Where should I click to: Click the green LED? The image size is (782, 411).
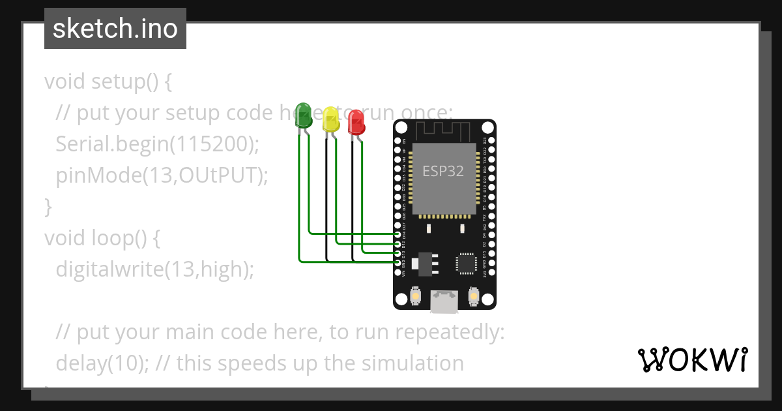(303, 115)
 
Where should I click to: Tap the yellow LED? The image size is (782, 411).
(331, 119)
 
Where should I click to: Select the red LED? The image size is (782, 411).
(356, 122)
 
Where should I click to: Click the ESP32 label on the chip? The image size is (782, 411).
(443, 171)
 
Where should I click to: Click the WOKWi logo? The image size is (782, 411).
(692, 359)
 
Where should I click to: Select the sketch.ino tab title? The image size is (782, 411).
(115, 29)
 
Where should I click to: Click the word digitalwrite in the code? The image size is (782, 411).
(107, 269)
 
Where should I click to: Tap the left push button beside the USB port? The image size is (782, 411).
(415, 297)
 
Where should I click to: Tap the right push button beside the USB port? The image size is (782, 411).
(474, 297)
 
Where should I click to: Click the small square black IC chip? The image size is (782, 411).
(467, 262)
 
